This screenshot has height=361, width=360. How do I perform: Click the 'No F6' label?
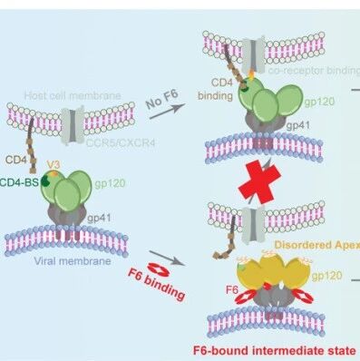point(161,99)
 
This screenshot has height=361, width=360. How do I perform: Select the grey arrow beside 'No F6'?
point(167,112)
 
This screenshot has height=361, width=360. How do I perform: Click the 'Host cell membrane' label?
point(73,96)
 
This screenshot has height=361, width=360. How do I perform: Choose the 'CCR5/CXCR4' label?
point(121,142)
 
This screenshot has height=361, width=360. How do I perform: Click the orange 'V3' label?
point(54,165)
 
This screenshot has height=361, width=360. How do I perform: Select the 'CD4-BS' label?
point(19,182)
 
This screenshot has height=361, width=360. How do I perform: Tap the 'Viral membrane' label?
point(73,260)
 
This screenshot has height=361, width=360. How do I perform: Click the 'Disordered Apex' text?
point(316,245)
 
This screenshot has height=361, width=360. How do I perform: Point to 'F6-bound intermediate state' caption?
point(274,350)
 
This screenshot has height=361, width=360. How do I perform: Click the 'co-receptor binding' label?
point(314,71)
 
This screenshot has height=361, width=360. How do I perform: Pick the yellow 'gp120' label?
point(327,276)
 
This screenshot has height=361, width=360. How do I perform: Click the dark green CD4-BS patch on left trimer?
point(45,180)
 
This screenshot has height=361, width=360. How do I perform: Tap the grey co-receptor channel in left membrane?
point(73,126)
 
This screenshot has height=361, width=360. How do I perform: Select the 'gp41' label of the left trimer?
point(99,218)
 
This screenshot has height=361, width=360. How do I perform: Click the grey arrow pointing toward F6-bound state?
point(167,258)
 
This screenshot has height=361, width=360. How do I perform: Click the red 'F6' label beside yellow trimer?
point(232,290)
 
